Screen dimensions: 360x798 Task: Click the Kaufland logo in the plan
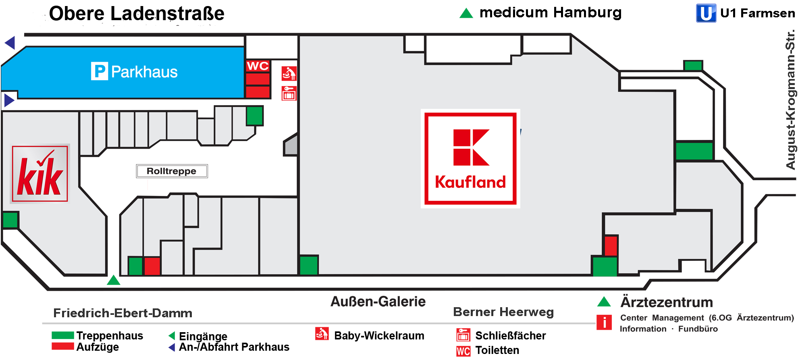pos(470,158)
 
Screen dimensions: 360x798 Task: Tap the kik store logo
pos(39,173)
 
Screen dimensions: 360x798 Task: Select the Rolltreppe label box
pos(172,171)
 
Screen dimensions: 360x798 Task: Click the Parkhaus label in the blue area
pos(134,72)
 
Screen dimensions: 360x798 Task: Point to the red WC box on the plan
pos(258,66)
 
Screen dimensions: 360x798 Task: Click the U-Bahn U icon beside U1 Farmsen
pos(706,13)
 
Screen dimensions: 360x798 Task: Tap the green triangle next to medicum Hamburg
pos(466,14)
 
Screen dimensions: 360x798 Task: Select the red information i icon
pos(604,323)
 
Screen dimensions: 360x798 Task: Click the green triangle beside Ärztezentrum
pos(604,302)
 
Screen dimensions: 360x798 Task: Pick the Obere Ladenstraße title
pos(137,14)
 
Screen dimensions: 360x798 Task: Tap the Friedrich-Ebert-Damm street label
pos(123,313)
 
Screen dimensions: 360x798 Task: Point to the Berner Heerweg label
pos(503,312)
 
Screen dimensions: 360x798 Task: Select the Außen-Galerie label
pos(378,302)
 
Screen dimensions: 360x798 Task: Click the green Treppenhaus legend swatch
pos(62,335)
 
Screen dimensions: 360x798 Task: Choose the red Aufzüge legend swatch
pos(62,346)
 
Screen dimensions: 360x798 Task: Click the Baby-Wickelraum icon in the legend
pos(322,334)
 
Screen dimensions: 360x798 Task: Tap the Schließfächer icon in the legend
pos(463,335)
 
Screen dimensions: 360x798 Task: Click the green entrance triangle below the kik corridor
pos(114,280)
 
